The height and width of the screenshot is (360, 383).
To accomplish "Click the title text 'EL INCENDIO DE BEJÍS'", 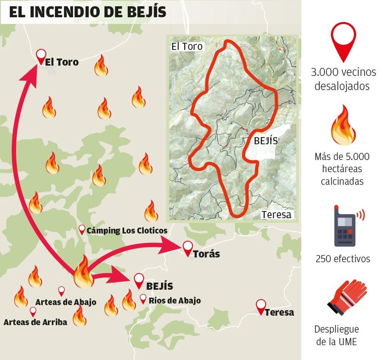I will (87, 12).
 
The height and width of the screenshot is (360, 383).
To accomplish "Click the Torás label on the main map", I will (206, 254).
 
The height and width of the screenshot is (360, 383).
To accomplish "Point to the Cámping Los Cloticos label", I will (127, 231).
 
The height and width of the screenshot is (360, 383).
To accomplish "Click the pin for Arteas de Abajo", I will (61, 291).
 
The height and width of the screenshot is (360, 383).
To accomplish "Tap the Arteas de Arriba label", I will (35, 322).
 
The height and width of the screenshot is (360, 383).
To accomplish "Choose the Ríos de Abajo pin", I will (143, 299).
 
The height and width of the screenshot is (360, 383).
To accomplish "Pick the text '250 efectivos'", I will (343, 258).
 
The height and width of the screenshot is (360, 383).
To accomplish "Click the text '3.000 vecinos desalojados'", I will (343, 79).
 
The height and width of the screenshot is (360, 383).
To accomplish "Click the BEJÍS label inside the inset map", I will (266, 141).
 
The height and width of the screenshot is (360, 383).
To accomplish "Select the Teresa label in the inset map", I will (276, 215).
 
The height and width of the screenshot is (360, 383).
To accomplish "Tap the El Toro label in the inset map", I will (187, 47).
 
